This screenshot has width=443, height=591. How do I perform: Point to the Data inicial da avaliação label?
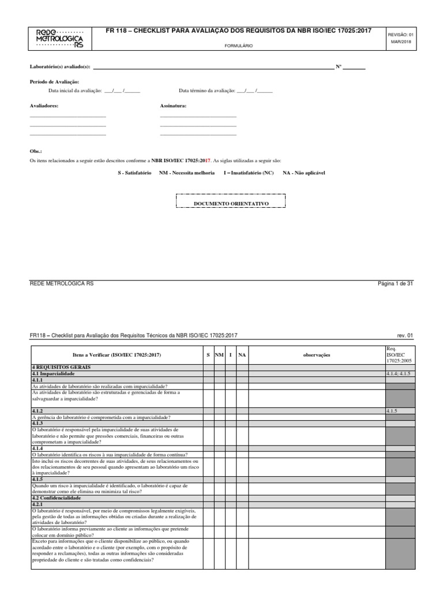[x=75, y=91]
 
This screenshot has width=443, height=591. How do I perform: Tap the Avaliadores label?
[x=44, y=106]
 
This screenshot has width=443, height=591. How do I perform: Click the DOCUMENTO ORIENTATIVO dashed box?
[x=231, y=204]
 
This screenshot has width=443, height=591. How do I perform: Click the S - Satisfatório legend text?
[x=134, y=173]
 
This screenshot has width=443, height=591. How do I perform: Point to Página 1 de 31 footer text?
[x=395, y=284]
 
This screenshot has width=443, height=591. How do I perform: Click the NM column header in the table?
[x=219, y=355]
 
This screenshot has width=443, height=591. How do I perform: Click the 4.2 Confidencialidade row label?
[x=57, y=498]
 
